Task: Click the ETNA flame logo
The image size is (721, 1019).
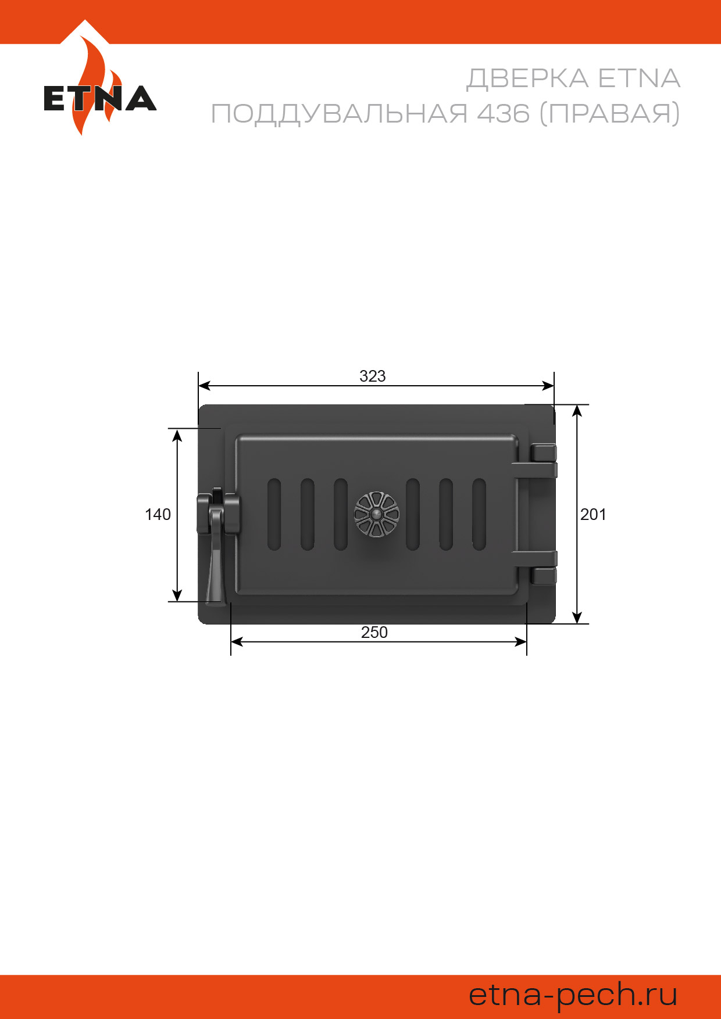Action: pyautogui.click(x=100, y=87)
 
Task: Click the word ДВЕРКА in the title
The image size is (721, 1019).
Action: pyautogui.click(x=527, y=79)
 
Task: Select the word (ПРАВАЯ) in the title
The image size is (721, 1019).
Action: pyautogui.click(x=610, y=113)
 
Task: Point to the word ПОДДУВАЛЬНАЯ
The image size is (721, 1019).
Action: pyautogui.click(x=339, y=114)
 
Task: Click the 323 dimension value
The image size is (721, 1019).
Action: pyautogui.click(x=373, y=376)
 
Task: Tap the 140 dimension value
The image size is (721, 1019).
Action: pyautogui.click(x=158, y=514)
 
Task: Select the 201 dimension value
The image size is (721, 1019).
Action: pyautogui.click(x=593, y=514)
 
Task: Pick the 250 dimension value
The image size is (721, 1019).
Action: pyautogui.click(x=374, y=632)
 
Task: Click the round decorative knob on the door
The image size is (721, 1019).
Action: pyautogui.click(x=377, y=514)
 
